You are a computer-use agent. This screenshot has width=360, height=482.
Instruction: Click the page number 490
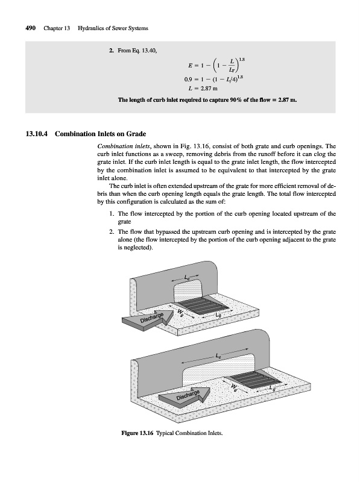(x=31, y=28)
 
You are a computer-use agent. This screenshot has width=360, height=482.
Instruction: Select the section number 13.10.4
(x=37, y=134)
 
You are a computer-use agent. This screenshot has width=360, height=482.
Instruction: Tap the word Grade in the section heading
(x=136, y=134)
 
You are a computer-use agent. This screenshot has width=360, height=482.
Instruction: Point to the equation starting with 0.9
(x=215, y=80)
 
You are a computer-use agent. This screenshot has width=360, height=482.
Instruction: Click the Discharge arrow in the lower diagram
(x=185, y=395)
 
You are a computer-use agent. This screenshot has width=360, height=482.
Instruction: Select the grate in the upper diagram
(x=203, y=306)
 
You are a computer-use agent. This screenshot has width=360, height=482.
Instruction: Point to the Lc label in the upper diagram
(x=186, y=278)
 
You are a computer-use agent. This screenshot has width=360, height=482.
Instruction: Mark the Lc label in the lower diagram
(x=218, y=355)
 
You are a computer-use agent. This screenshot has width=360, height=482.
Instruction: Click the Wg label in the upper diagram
(x=180, y=312)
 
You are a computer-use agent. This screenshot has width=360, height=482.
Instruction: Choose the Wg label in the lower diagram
(x=235, y=386)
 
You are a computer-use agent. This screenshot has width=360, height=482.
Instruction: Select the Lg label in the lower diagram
(x=272, y=389)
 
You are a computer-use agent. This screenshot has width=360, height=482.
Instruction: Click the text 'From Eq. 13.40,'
(x=137, y=51)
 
